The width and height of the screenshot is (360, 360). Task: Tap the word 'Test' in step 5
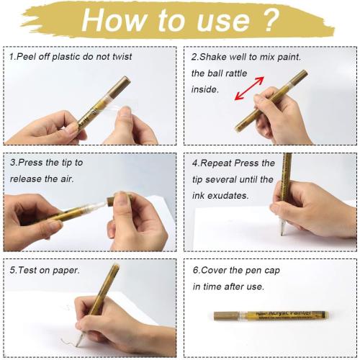click(x=28, y=270)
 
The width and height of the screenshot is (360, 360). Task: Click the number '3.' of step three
click(x=14, y=163)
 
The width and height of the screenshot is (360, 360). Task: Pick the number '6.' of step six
click(x=196, y=270)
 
